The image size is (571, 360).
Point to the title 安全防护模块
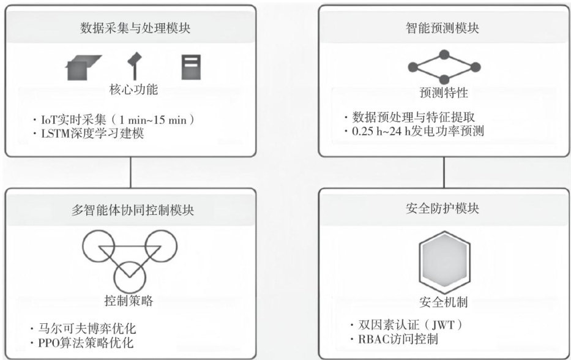point(444,208)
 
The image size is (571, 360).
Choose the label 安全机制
point(444,302)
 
